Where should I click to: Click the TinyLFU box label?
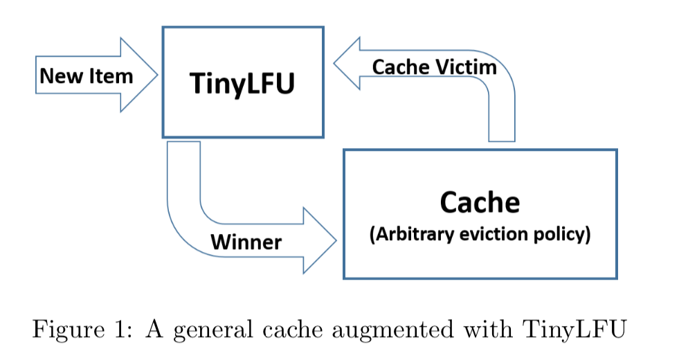242,83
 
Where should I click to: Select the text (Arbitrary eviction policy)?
480,235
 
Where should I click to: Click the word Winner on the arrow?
246,242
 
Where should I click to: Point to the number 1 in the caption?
116,327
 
